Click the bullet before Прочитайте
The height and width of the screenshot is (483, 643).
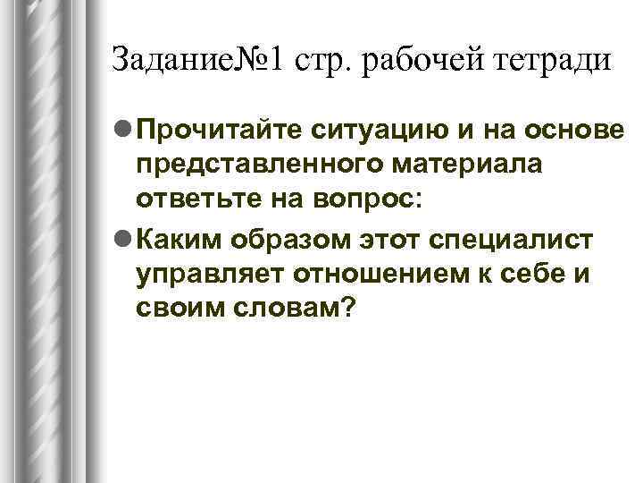coord(122,132)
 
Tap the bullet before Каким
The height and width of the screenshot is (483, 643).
coord(122,240)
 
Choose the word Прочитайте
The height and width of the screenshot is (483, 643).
coord(220,132)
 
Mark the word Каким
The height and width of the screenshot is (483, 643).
coord(179,240)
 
